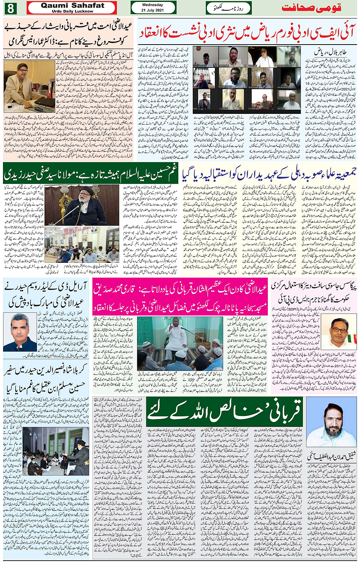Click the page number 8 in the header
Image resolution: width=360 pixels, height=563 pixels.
point(10,8)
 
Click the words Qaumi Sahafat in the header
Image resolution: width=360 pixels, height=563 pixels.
point(72,5)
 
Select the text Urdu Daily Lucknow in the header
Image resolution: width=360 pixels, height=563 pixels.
point(72,11)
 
